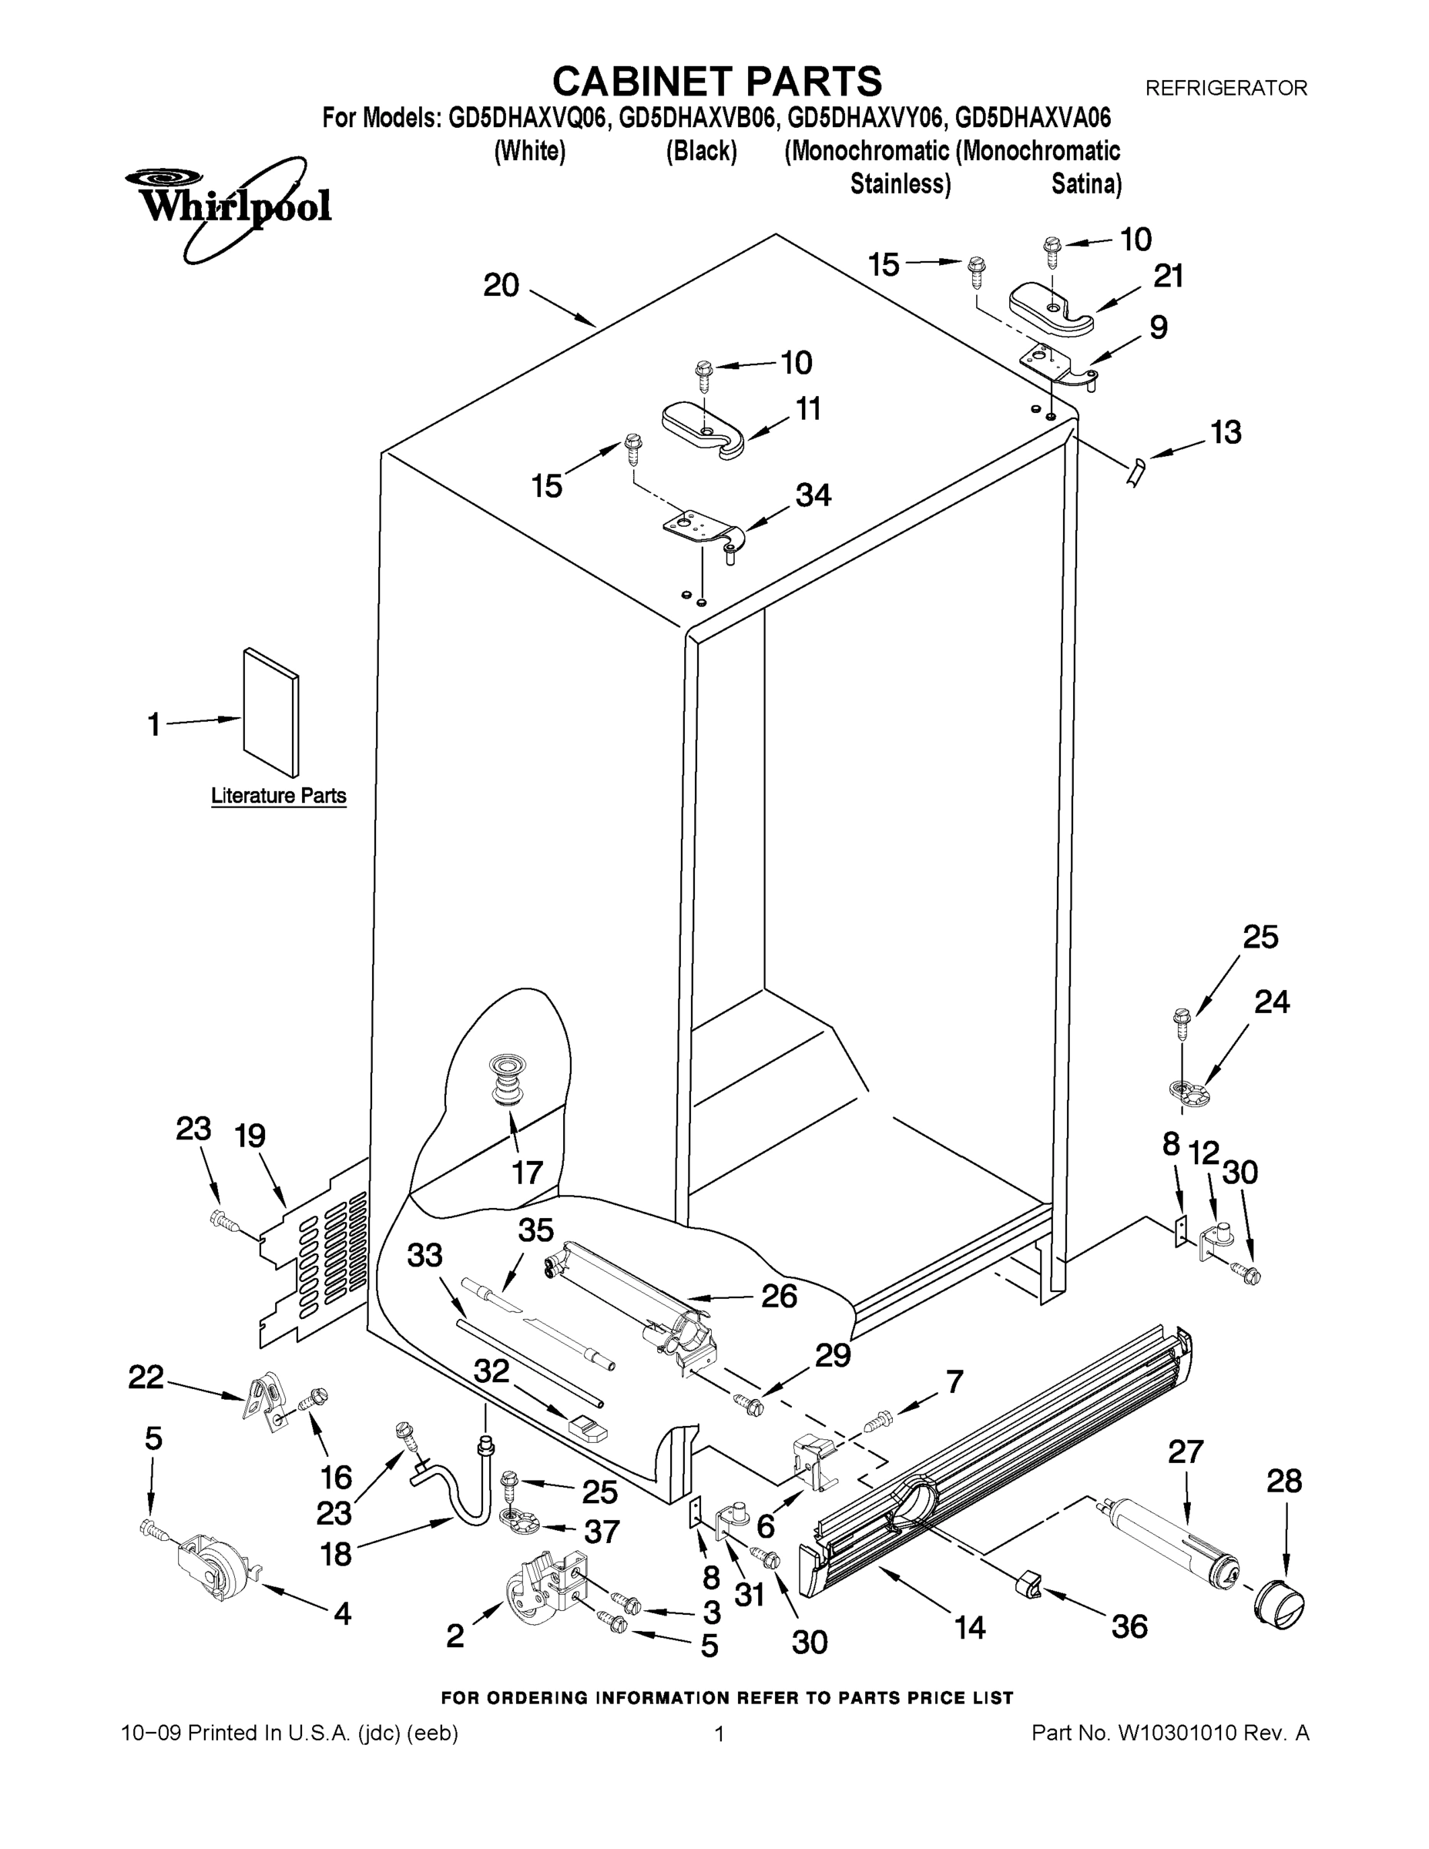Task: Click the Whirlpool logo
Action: [x=229, y=206]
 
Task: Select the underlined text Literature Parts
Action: [x=279, y=796]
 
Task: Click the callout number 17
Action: [x=527, y=1173]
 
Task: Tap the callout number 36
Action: [x=1129, y=1626]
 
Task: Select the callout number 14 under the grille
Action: [x=970, y=1626]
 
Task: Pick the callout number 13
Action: [x=1226, y=433]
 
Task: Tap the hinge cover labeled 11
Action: [x=702, y=428]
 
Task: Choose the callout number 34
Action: [x=813, y=495]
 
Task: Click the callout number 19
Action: [x=250, y=1136]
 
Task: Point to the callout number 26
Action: [x=779, y=1295]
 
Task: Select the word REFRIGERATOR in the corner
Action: [x=1226, y=88]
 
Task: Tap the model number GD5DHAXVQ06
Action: [x=528, y=118]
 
